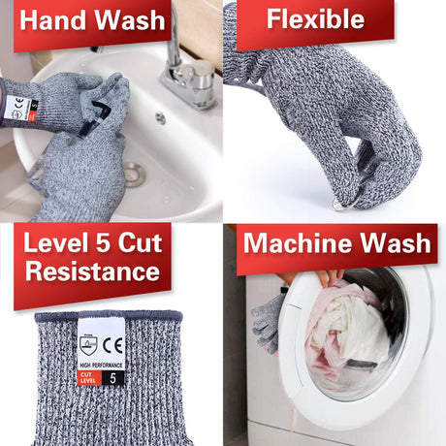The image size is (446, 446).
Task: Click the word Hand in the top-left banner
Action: (x=57, y=19)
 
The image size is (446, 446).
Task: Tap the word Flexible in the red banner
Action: (x=315, y=18)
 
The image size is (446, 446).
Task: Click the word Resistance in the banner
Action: (x=92, y=271)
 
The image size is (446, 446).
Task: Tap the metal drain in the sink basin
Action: (x=133, y=175)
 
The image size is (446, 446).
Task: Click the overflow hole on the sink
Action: (x=160, y=118)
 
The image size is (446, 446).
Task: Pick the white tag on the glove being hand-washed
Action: (x=17, y=109)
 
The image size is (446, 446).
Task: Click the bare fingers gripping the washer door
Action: (x=325, y=278)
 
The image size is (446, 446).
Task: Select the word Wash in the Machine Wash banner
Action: (x=398, y=242)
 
